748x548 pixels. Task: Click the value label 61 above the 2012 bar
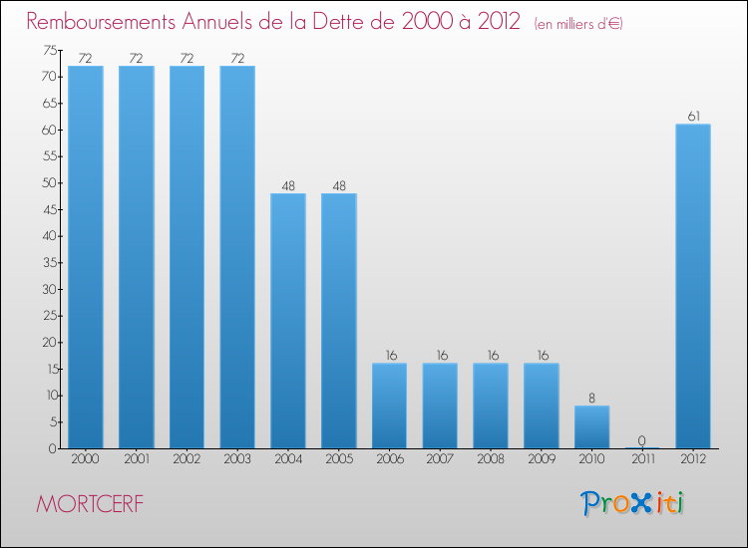(x=693, y=117)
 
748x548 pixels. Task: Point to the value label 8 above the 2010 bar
(x=591, y=398)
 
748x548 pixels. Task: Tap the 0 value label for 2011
(x=642, y=440)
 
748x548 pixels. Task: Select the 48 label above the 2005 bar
(x=339, y=185)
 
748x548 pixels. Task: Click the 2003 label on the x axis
(x=237, y=460)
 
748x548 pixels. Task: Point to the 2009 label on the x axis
(x=542, y=460)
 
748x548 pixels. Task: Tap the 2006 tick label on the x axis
(x=389, y=460)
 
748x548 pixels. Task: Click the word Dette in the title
(x=355, y=21)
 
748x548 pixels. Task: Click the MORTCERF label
(x=89, y=504)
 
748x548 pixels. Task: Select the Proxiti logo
(x=633, y=503)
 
